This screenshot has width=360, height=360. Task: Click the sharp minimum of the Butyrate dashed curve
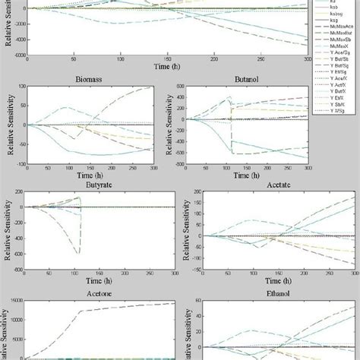(x=80, y=252)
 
